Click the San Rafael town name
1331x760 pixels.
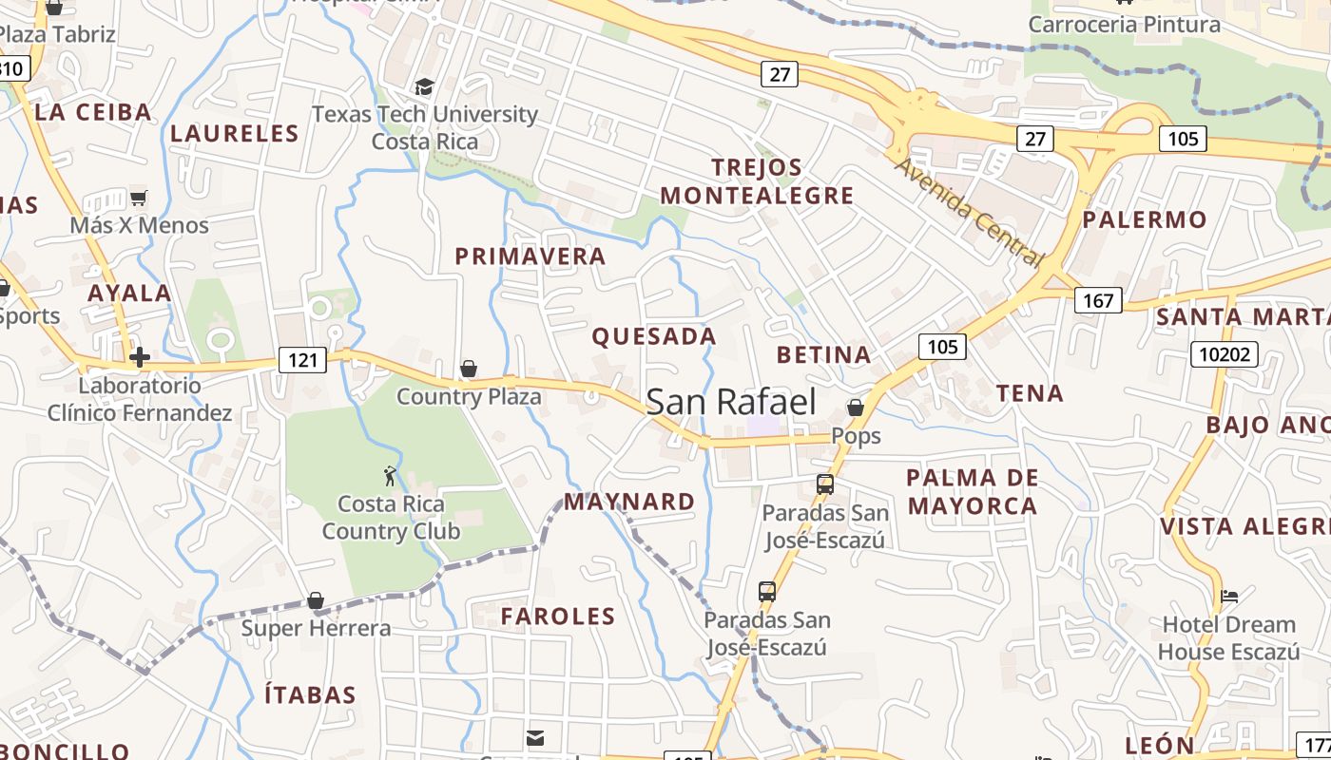(x=731, y=402)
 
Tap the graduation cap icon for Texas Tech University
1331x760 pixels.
(x=424, y=86)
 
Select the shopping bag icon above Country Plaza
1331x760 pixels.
(x=468, y=369)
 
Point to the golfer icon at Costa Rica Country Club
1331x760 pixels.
(x=390, y=476)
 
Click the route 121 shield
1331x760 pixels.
(x=303, y=359)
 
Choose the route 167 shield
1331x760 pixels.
(x=1098, y=300)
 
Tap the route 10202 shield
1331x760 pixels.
(x=1225, y=354)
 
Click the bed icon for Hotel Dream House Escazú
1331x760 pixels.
(x=1229, y=597)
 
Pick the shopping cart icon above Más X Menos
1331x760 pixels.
(x=139, y=198)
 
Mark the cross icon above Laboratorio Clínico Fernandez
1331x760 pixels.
(x=140, y=357)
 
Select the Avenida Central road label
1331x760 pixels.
(x=970, y=212)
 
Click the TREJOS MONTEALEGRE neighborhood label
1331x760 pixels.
(x=757, y=181)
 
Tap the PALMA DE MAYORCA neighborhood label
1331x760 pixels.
(x=972, y=491)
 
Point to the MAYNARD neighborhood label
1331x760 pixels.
(x=629, y=502)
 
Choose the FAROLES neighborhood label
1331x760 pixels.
(x=558, y=616)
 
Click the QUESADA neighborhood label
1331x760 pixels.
(x=654, y=336)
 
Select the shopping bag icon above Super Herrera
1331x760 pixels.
(x=316, y=600)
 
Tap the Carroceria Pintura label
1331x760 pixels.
(x=1125, y=25)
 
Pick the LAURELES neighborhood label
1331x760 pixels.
(x=235, y=133)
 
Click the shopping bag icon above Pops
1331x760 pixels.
(x=856, y=408)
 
